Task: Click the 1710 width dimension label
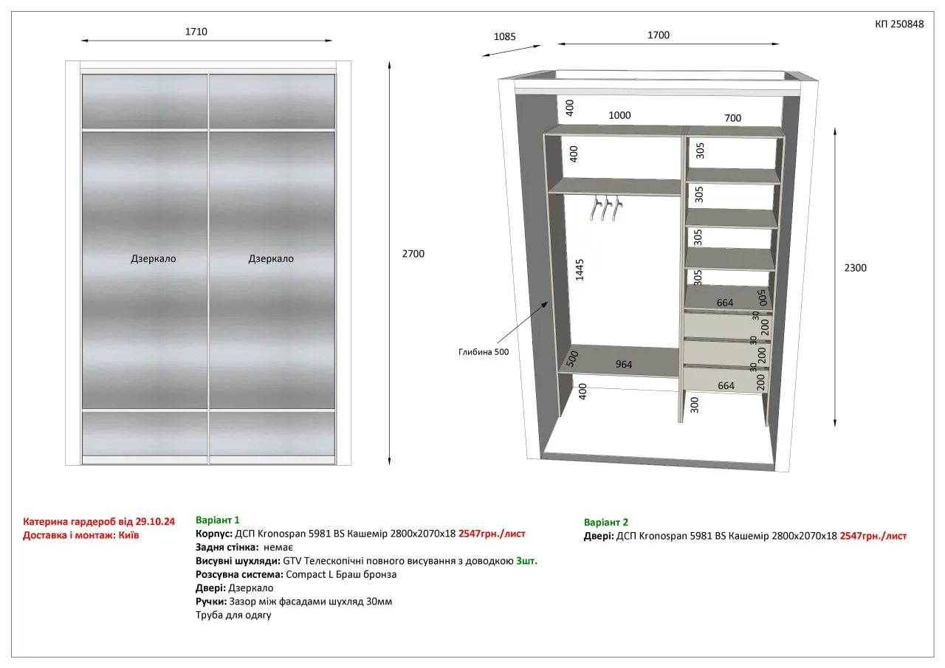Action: [196, 32]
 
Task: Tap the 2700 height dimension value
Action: [413, 254]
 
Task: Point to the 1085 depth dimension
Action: [504, 37]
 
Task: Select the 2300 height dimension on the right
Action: [855, 268]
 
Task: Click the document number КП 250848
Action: [899, 24]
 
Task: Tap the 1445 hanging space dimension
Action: [580, 270]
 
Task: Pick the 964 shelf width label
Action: [624, 365]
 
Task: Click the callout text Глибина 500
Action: [484, 352]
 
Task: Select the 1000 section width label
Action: [619, 116]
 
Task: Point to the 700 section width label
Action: [733, 118]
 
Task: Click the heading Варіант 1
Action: [217, 520]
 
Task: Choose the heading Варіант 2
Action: [606, 523]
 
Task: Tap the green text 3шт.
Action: [526, 561]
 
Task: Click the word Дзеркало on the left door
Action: [153, 259]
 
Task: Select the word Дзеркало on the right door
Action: [271, 259]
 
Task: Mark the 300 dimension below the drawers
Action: [695, 404]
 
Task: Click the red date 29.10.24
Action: [155, 522]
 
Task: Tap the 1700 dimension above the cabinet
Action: [658, 35]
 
